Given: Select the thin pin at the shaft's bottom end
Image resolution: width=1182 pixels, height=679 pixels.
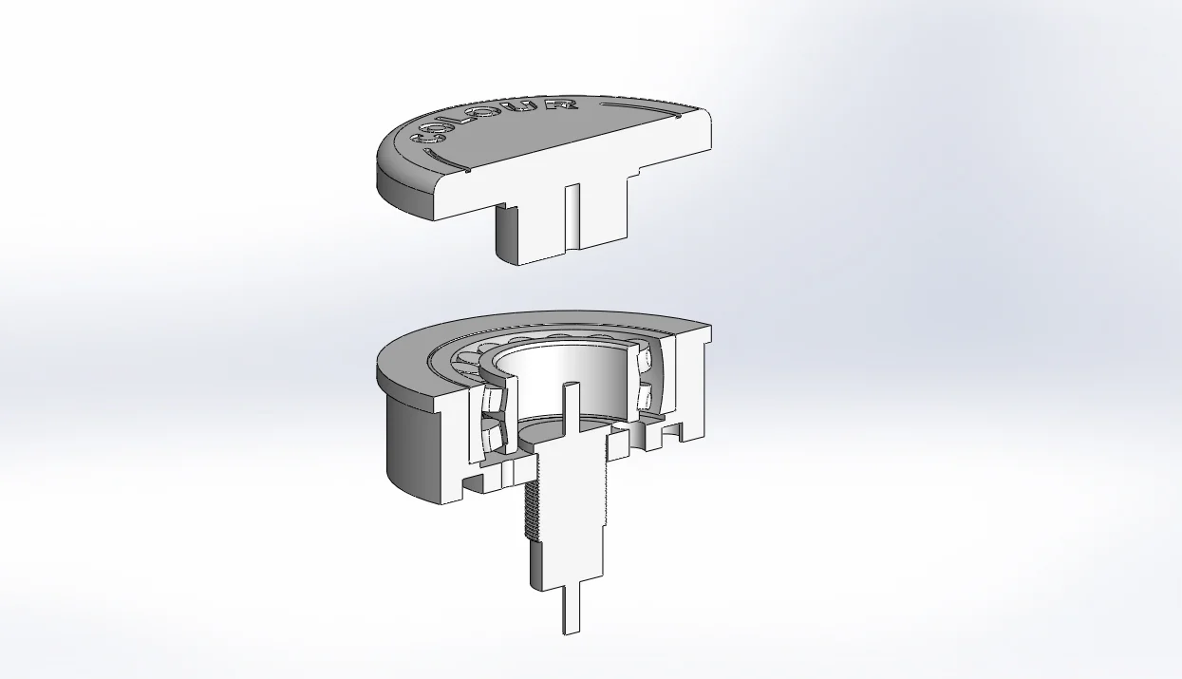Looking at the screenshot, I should coord(570,603).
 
